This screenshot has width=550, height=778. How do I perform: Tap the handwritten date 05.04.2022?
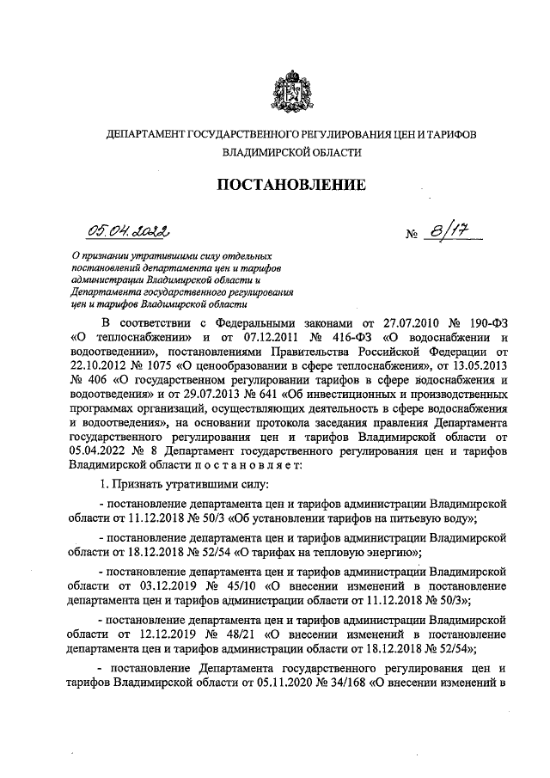[128, 228]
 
